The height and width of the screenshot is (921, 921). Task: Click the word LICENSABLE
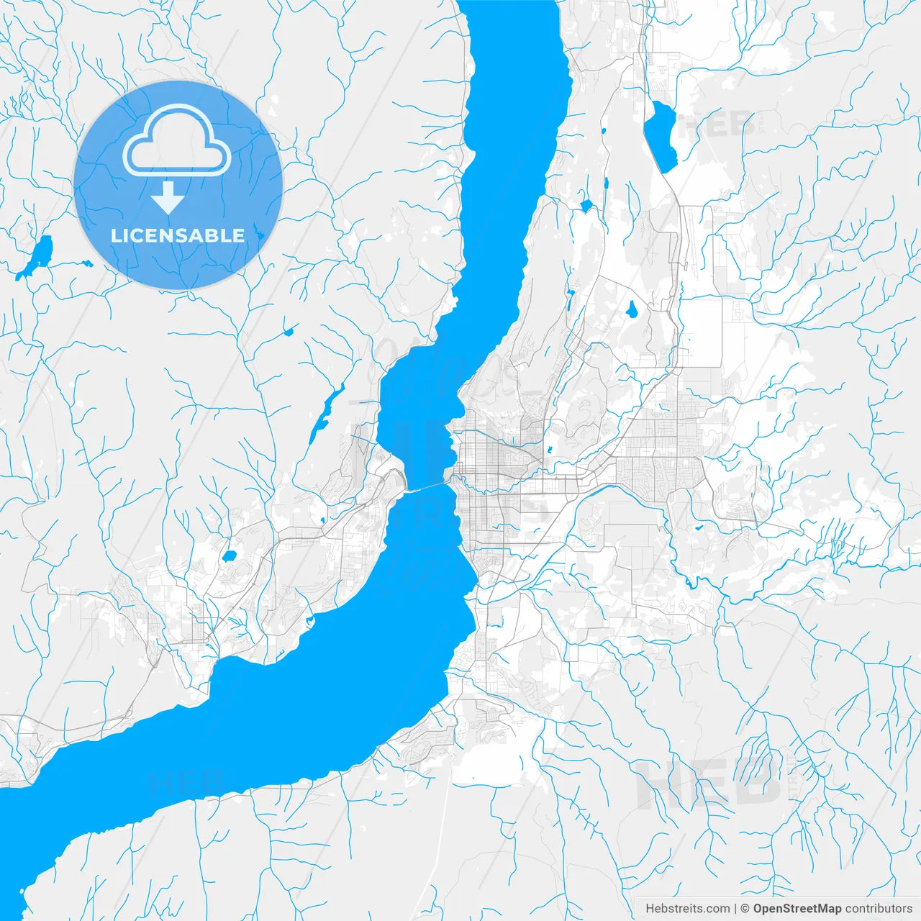tap(178, 235)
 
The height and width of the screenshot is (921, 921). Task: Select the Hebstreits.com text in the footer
tap(687, 909)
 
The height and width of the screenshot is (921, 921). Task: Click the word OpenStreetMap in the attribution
tap(797, 909)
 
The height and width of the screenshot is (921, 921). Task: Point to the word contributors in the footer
tap(879, 909)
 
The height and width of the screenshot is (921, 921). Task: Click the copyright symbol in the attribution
tap(745, 909)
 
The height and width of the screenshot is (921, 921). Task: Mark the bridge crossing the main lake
tap(427, 488)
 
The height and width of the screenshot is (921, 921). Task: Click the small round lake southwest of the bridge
tap(230, 556)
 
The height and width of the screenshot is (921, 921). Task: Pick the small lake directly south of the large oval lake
tap(631, 310)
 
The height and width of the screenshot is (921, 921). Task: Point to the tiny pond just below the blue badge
tap(290, 332)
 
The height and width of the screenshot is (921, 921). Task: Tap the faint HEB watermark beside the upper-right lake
tap(716, 126)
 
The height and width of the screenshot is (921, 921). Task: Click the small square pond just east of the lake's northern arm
tap(586, 207)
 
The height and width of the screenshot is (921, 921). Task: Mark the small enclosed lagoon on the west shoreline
tap(310, 620)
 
